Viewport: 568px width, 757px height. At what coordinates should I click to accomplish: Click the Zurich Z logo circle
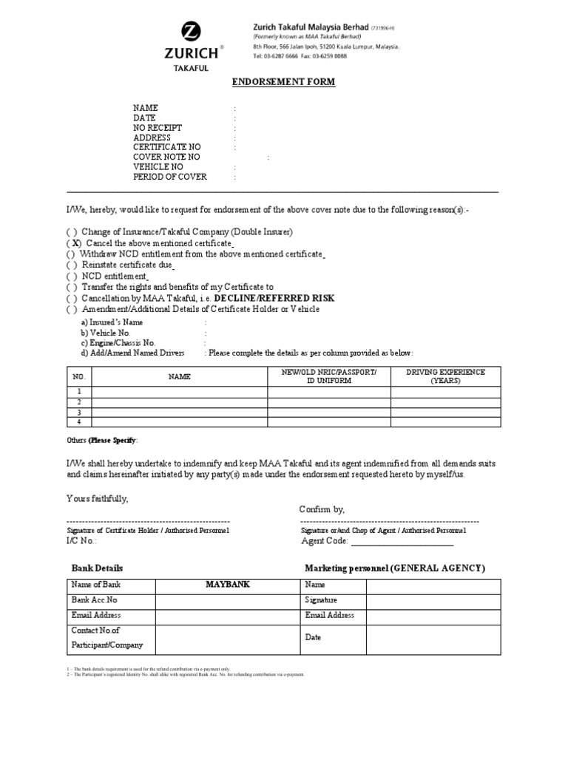(x=192, y=32)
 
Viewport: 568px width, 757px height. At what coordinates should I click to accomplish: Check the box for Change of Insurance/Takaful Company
(x=71, y=231)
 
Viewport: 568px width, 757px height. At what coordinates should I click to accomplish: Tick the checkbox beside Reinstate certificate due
(x=71, y=265)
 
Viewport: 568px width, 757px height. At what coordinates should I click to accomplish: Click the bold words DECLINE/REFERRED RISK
(x=274, y=298)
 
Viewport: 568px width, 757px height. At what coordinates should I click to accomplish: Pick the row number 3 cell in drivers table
(x=78, y=412)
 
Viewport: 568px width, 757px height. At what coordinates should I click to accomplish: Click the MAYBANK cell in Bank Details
(x=227, y=584)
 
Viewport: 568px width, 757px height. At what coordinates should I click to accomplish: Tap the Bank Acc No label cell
(x=94, y=600)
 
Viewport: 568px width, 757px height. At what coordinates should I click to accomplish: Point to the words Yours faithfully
(x=98, y=499)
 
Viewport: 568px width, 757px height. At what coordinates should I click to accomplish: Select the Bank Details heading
(x=97, y=568)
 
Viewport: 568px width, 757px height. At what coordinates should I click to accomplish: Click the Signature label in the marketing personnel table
(x=321, y=600)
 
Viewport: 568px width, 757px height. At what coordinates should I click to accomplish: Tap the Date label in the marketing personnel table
(x=313, y=637)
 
